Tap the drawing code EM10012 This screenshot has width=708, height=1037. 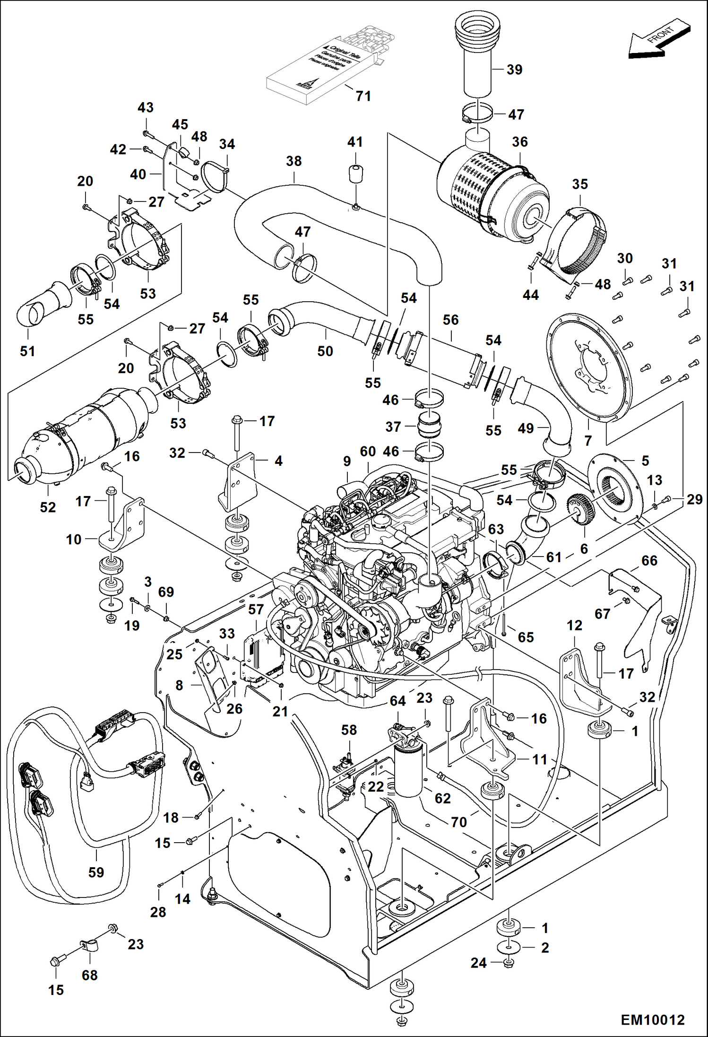(652, 1020)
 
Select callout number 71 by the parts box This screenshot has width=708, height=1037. (363, 96)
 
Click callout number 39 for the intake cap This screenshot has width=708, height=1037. (514, 70)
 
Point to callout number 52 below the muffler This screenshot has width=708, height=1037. (48, 507)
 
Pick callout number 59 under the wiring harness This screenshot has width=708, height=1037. (96, 872)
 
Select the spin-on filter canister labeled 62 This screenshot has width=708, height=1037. (409, 771)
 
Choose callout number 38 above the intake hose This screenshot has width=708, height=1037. (294, 161)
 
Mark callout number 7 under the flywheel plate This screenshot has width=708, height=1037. (588, 440)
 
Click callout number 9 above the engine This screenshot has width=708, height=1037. (347, 461)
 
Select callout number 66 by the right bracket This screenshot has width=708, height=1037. (649, 560)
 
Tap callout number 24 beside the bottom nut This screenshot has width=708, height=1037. (478, 963)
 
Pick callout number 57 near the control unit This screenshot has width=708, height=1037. (256, 610)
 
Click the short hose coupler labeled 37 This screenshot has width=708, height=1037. (430, 426)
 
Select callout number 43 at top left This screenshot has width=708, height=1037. (146, 107)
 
